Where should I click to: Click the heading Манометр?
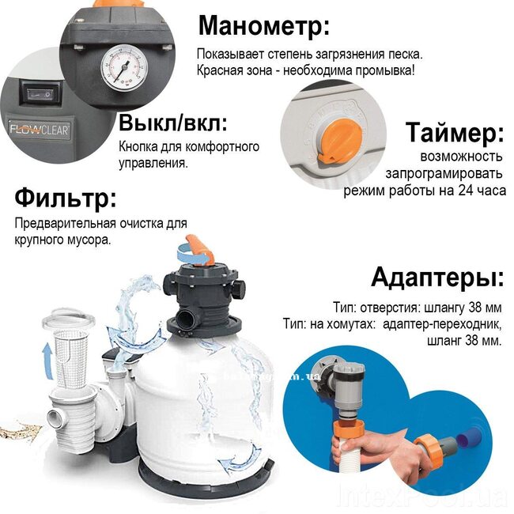pyautogui.click(x=264, y=26)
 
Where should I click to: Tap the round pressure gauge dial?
pyautogui.click(x=124, y=68)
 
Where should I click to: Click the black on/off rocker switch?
pyautogui.click(x=40, y=94)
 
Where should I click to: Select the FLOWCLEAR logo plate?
pyautogui.click(x=39, y=130)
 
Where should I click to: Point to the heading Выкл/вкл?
pyautogui.click(x=173, y=123)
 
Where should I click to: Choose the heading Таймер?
pyautogui.click(x=455, y=132)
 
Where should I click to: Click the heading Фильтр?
pyautogui.click(x=66, y=198)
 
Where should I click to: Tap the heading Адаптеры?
pyautogui.click(x=437, y=278)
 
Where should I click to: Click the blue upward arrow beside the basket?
pyautogui.click(x=47, y=361)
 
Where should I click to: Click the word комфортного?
pyautogui.click(x=222, y=147)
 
